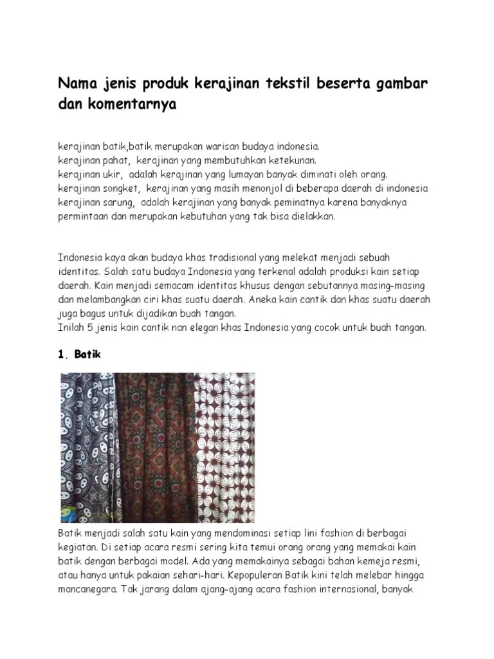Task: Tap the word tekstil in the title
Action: click(x=289, y=84)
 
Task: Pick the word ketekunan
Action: click(x=290, y=160)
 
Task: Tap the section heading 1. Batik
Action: click(x=80, y=355)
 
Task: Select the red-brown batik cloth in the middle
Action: click(x=158, y=444)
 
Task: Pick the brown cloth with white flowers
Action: click(x=225, y=444)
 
